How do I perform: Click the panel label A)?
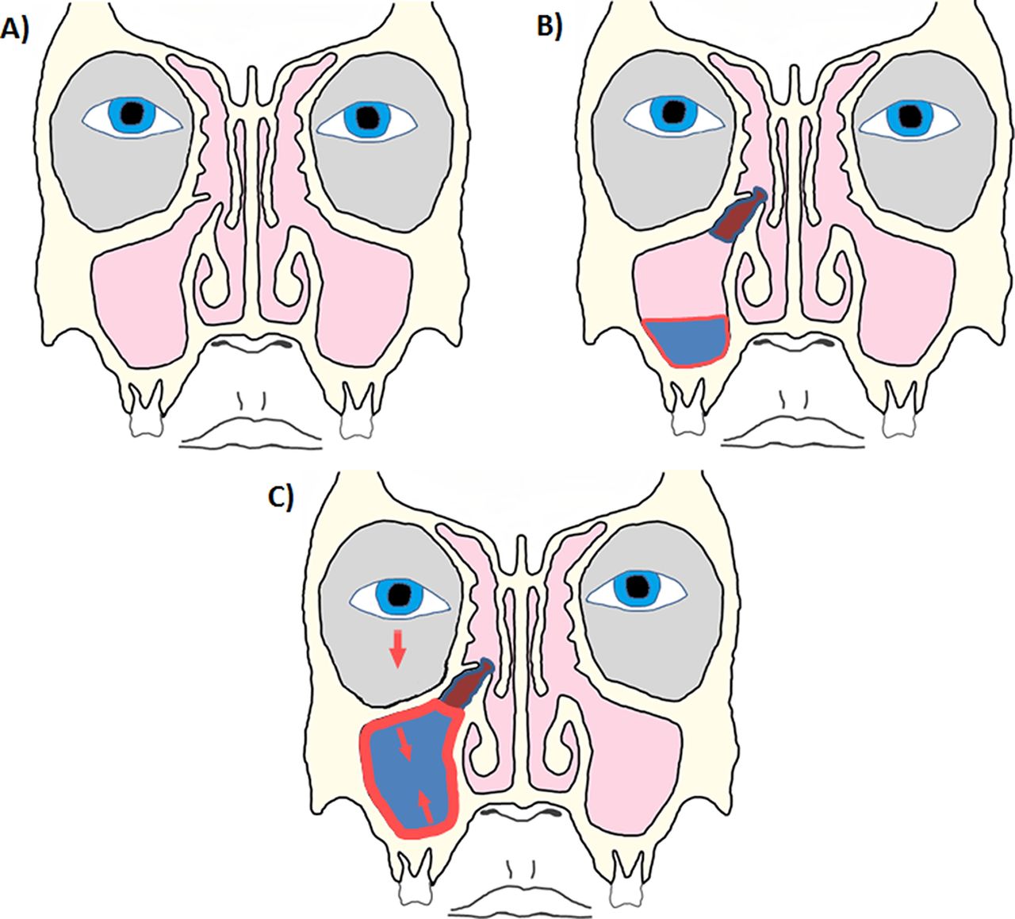pos(17,29)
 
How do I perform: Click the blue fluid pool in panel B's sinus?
pos(687,340)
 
